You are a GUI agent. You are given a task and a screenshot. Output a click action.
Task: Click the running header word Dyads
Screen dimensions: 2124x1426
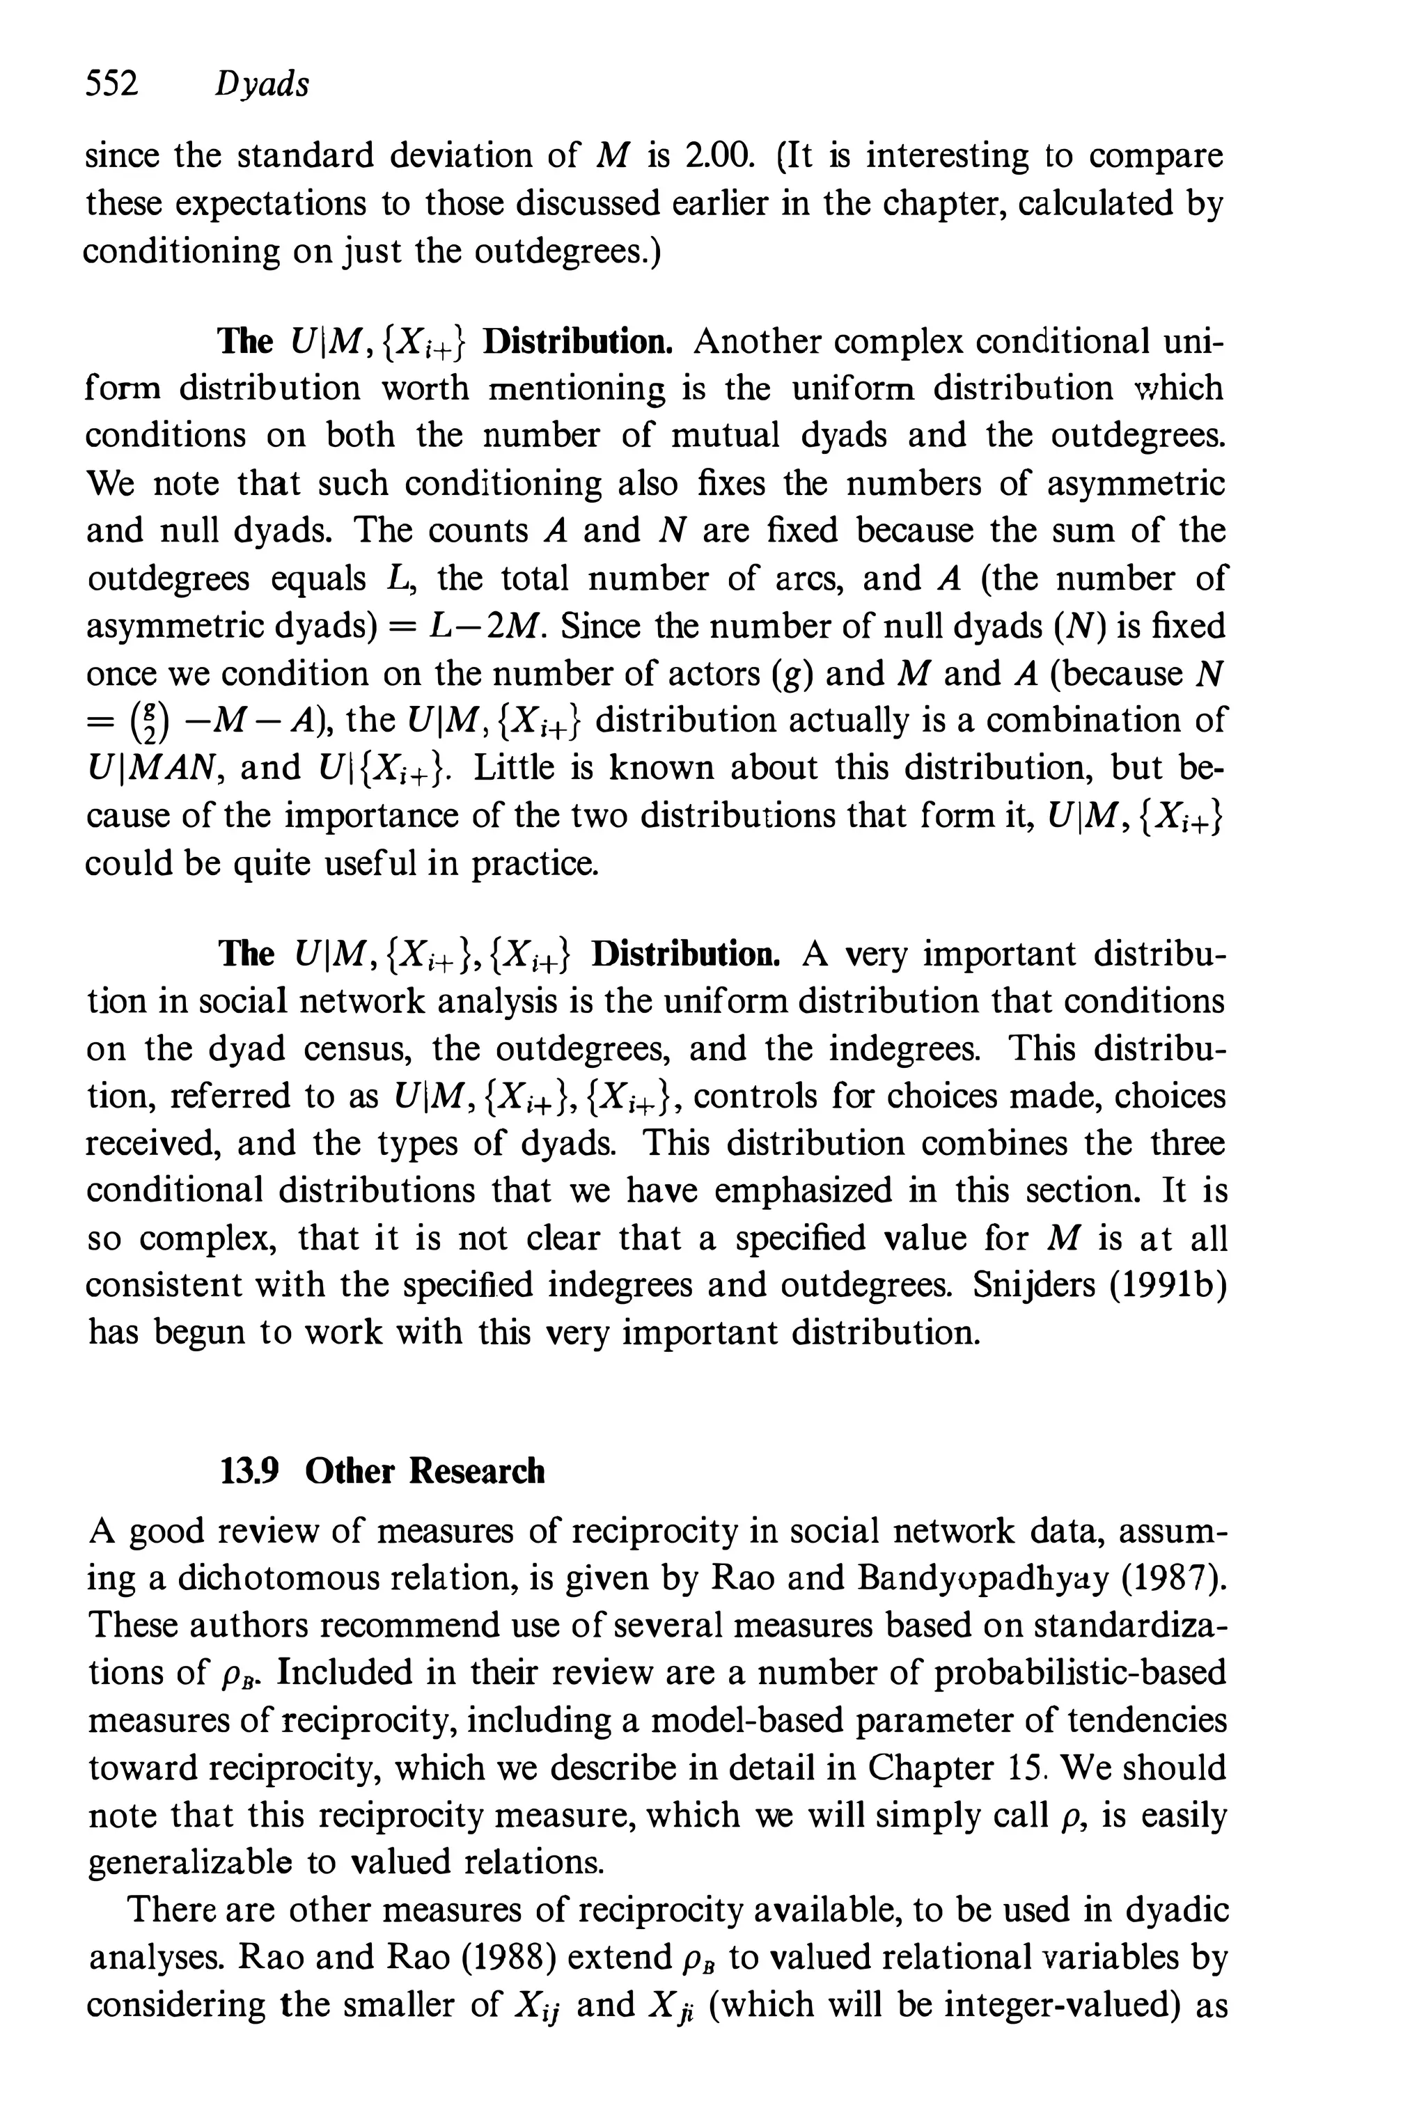tap(262, 84)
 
